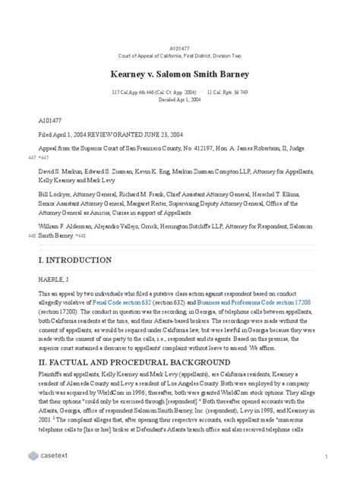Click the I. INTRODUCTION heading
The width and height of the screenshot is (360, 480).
point(74,260)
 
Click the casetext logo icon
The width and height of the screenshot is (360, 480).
point(33,456)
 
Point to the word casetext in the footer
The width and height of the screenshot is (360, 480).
point(57,456)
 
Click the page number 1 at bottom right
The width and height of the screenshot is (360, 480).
point(325,456)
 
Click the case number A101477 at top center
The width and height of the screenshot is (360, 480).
point(179,48)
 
